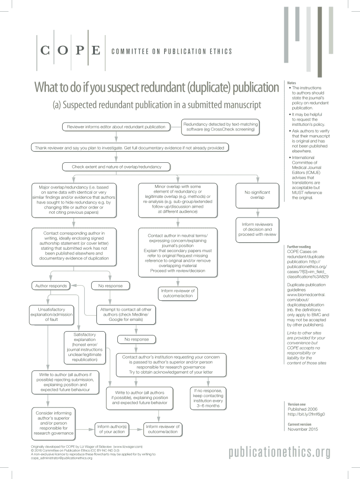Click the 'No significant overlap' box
pos(257,195)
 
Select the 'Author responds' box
pos(51,285)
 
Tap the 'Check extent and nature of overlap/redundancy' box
pos(116,167)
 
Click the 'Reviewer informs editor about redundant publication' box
pos(116,126)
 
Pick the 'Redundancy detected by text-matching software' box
pos(220,126)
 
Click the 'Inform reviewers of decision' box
pos(257,229)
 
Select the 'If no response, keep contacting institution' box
pos(208,398)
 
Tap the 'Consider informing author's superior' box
pos(54,423)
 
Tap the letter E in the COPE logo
pos(95,51)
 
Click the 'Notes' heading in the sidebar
pos(292,82)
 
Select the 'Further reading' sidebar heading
pos(299,247)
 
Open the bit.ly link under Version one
pos(306,414)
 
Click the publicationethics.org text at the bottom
pos(280,452)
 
